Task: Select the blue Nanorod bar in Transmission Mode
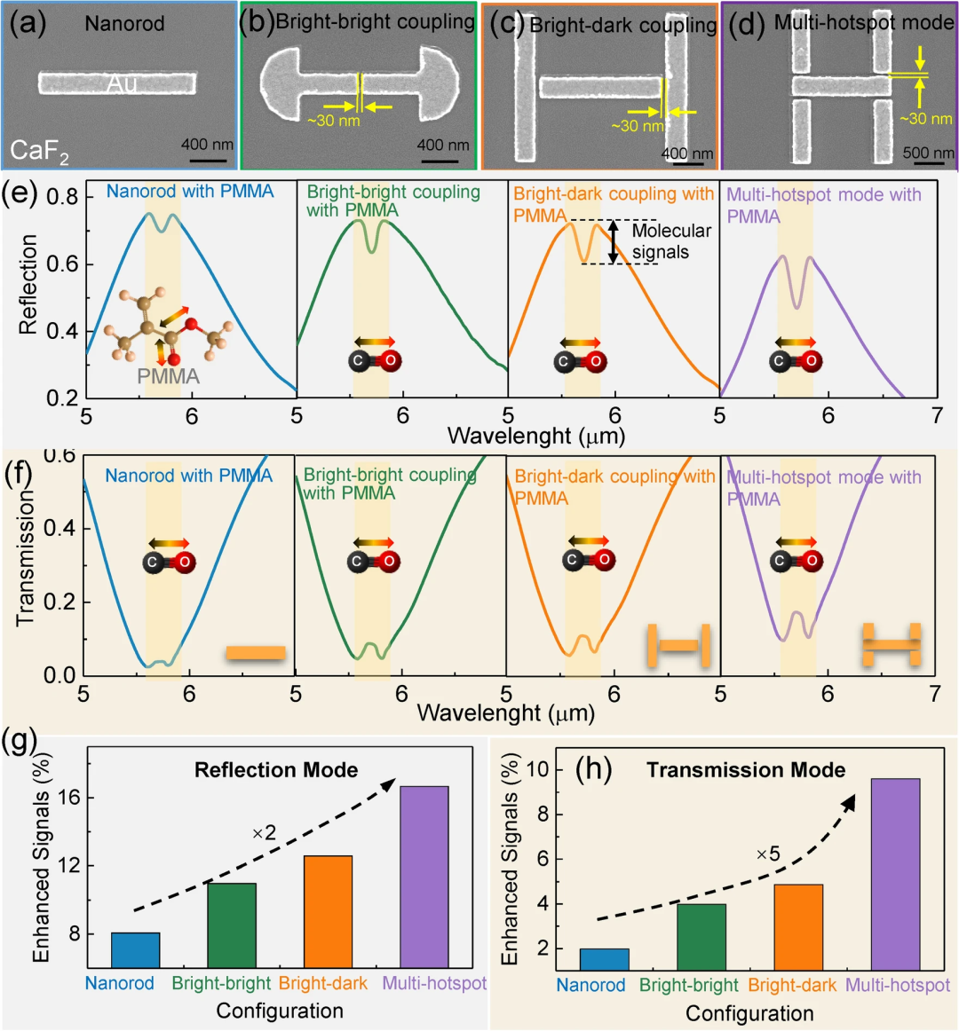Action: coord(604,959)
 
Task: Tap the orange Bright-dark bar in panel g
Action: coord(328,911)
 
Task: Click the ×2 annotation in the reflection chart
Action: coord(264,833)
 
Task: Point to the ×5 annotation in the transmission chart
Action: coord(767,854)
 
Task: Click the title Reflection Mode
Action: coord(276,770)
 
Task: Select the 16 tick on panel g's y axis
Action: coord(71,798)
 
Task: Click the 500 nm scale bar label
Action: coord(928,153)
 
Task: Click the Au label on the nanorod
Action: coord(122,83)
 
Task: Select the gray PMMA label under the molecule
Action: coord(168,376)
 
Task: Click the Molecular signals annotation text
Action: coord(671,241)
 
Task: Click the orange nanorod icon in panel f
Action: coord(256,653)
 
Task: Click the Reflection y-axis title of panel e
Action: coord(28,284)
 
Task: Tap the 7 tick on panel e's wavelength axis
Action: coord(936,416)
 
